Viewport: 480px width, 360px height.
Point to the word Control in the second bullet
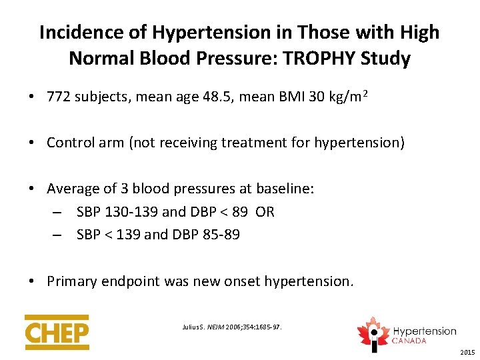click(70, 143)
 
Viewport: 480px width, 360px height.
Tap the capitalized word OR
click(265, 212)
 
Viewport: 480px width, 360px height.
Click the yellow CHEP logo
click(57, 331)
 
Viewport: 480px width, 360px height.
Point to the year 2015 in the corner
click(467, 352)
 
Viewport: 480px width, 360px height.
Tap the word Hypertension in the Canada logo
click(424, 331)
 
